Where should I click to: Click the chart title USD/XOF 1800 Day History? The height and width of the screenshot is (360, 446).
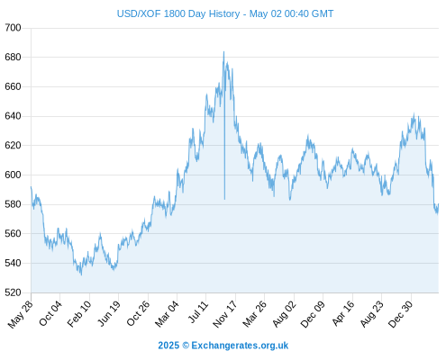click(178, 13)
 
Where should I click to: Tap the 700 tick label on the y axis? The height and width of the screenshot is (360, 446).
click(13, 28)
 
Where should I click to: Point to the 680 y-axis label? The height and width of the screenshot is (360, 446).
click(13, 57)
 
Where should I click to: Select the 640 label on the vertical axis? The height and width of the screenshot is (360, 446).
click(13, 116)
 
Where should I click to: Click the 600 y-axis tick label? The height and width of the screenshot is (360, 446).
click(13, 175)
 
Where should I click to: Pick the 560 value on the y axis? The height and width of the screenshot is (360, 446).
click(13, 233)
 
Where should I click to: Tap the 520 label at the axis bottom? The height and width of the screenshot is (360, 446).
click(13, 292)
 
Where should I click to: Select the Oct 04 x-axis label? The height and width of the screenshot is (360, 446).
click(50, 313)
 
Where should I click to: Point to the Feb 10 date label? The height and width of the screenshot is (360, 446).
click(79, 314)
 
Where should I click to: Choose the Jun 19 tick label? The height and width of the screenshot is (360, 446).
click(109, 313)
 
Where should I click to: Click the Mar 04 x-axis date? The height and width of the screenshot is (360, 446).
click(167, 314)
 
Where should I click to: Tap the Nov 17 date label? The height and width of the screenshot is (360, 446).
click(225, 314)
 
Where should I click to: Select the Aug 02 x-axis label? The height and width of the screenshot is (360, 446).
click(284, 314)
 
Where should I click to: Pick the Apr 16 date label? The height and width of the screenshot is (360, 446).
click(343, 313)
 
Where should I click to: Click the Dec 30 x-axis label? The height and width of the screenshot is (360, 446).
click(400, 314)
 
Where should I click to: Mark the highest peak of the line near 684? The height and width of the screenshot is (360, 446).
click(223, 51)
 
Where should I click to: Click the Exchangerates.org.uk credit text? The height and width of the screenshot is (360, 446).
click(240, 346)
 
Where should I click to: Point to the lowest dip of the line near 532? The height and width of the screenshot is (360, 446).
click(81, 274)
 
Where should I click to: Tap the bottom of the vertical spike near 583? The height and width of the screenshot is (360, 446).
click(224, 199)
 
